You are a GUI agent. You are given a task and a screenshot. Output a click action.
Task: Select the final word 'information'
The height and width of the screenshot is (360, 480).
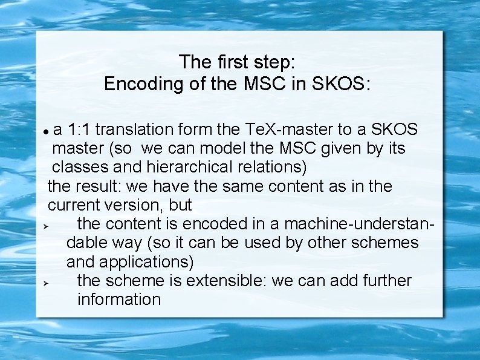[x=119, y=299]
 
